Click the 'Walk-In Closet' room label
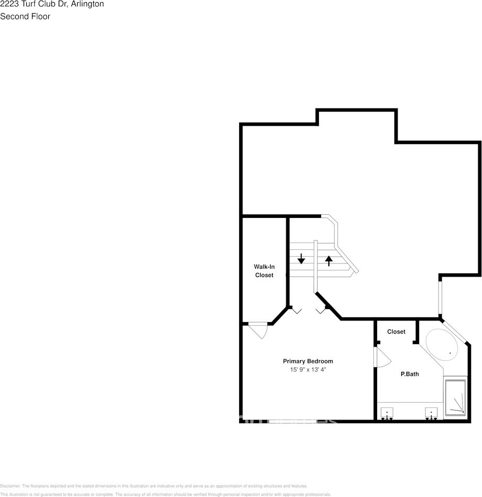click(x=264, y=271)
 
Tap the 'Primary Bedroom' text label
click(x=308, y=361)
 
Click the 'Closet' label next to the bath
click(x=396, y=332)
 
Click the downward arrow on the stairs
click(x=301, y=258)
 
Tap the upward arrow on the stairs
click(x=329, y=260)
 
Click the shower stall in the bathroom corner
click(x=455, y=397)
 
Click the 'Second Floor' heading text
click(x=25, y=16)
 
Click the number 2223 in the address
click(x=10, y=4)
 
